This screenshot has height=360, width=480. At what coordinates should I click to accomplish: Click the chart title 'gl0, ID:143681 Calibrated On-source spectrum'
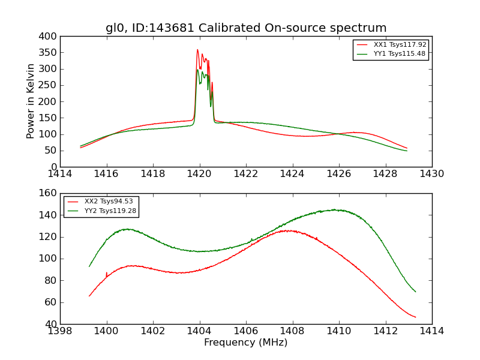click(246, 28)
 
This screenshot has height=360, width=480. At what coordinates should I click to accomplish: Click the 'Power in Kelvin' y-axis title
click(31, 101)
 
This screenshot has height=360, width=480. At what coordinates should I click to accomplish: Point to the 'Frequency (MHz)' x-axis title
click(246, 343)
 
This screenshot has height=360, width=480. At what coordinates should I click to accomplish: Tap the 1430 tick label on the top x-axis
click(431, 174)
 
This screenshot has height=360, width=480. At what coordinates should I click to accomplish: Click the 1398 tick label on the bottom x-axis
click(60, 331)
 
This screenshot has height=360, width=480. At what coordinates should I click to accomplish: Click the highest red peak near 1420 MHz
click(197, 50)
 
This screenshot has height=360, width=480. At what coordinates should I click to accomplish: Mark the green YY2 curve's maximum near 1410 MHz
click(336, 210)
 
